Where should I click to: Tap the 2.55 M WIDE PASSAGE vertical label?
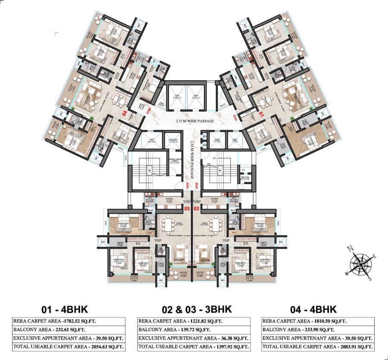click(192, 160)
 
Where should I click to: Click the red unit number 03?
click(187, 209)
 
